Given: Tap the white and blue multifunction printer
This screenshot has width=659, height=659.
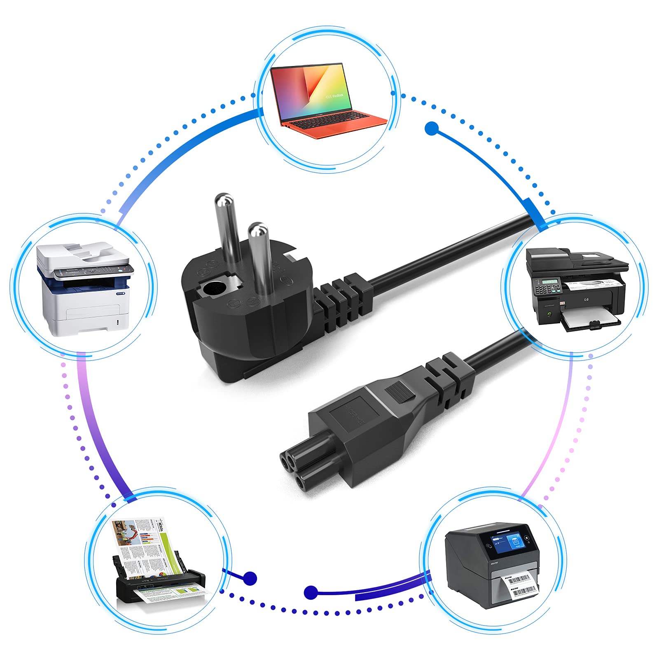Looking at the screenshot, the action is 85,288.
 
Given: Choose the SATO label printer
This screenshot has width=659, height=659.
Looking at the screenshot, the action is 491,564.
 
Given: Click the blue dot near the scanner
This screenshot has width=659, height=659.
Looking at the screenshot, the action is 250,578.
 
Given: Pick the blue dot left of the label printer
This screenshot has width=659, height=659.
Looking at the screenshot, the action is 311,593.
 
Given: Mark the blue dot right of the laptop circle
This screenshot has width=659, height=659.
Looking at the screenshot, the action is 431,128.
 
